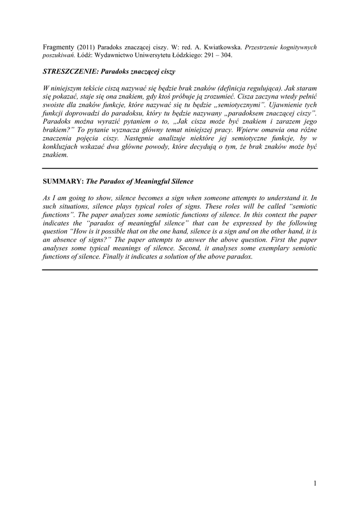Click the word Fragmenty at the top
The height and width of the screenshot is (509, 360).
59,47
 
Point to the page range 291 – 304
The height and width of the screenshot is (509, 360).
219,55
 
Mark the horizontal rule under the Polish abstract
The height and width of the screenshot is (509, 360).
180,169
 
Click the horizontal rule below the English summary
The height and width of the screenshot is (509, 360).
180,270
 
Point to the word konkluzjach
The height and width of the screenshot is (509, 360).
62,147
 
